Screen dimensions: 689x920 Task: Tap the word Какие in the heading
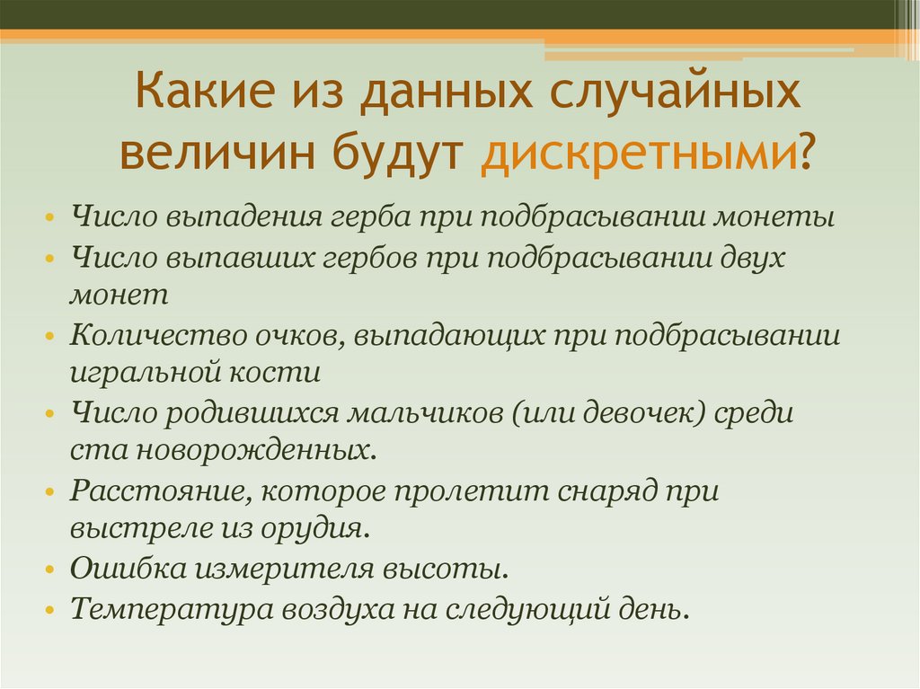pos(204,94)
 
